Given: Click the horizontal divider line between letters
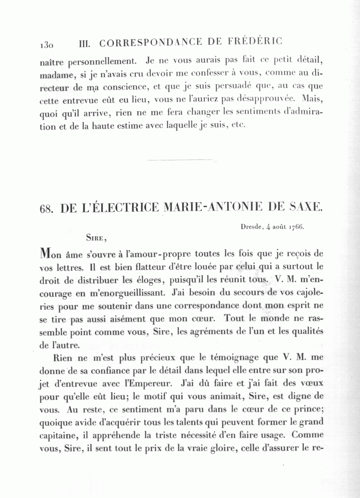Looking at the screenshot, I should [180, 160].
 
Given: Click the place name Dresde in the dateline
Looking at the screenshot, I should [252, 227].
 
